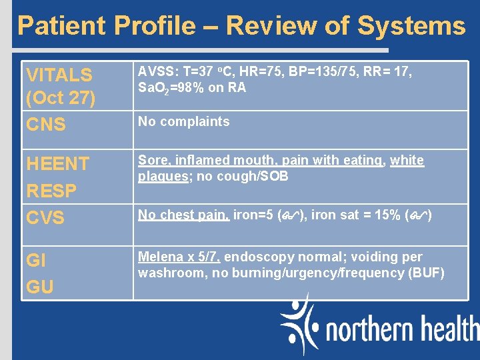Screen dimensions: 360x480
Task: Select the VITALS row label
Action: tap(59, 74)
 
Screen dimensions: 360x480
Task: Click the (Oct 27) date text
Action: tap(61, 98)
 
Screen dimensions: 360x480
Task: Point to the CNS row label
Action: tap(45, 124)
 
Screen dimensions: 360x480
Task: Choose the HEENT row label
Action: tap(57, 163)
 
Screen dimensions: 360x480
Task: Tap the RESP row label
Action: tap(51, 191)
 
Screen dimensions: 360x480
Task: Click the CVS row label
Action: tap(45, 217)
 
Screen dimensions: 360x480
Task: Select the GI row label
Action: tap(35, 260)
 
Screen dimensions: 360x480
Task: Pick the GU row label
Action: tap(39, 287)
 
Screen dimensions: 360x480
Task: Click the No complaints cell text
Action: tap(183, 121)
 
